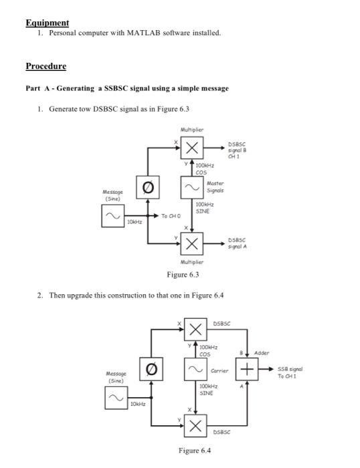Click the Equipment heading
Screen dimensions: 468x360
pyautogui.click(x=47, y=23)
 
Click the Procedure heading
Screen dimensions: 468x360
pyautogui.click(x=46, y=66)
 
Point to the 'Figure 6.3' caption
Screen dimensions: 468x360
pyautogui.click(x=183, y=275)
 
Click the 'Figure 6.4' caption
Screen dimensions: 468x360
pyautogui.click(x=195, y=451)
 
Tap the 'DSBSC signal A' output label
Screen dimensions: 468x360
pyautogui.click(x=239, y=241)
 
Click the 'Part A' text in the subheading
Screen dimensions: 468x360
pyautogui.click(x=37, y=88)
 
